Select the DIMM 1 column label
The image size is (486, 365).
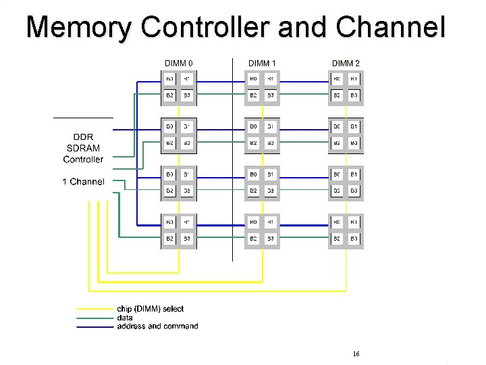[262, 64]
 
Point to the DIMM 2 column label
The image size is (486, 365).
[346, 64]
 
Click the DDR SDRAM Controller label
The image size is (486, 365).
[83, 147]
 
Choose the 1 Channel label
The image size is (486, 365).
[83, 181]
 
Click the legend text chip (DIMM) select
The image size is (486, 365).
[150, 309]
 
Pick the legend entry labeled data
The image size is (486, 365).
[125, 318]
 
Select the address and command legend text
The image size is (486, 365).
[157, 326]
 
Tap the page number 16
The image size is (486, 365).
[356, 354]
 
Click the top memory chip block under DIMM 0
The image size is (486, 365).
[178, 88]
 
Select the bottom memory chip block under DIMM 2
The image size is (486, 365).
[346, 230]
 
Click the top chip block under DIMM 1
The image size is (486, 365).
[262, 88]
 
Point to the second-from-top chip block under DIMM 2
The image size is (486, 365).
[346, 135]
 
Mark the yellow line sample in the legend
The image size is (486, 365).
[94, 309]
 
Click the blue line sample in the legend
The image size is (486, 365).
[94, 327]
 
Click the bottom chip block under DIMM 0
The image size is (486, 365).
[178, 230]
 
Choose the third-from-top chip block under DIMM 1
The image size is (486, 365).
[262, 183]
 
